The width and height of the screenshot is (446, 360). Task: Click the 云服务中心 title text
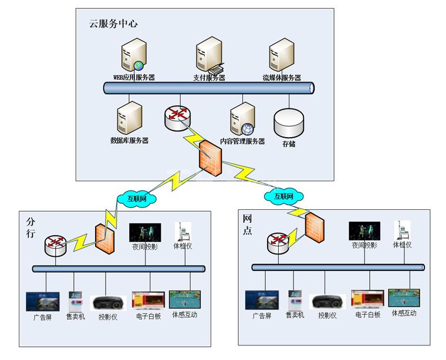click(113, 24)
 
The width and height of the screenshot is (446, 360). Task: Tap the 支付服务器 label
click(209, 78)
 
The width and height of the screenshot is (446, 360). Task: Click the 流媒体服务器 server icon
click(281, 56)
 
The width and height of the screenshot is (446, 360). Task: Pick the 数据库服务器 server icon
click(130, 119)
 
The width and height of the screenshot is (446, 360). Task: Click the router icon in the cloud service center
click(177, 116)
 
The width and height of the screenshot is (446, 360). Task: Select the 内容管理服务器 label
click(242, 141)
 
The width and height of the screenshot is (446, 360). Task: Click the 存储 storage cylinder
click(289, 123)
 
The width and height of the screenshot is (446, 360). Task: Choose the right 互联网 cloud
click(280, 196)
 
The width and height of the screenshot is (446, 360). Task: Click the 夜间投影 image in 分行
click(144, 232)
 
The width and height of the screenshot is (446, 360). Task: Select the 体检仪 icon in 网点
click(402, 229)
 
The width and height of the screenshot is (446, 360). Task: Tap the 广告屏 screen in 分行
click(43, 301)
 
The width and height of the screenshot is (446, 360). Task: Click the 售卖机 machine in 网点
click(295, 300)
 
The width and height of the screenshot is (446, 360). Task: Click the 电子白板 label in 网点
click(368, 315)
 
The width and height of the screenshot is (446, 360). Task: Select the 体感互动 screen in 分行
click(185, 299)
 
